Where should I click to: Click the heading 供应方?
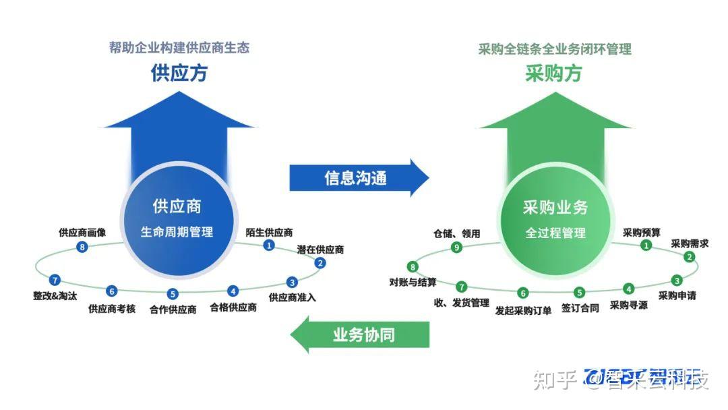pos(179,72)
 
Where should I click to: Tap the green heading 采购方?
pos(553,73)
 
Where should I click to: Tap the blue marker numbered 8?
pos(82,247)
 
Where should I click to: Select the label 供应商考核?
pos(112,309)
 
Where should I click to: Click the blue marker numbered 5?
pos(173,294)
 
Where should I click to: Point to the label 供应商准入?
pos(293,297)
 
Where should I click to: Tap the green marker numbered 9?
pos(457,247)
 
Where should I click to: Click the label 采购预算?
pos(642,233)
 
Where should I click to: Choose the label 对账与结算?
pos(413,282)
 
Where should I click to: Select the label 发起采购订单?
pos(523,310)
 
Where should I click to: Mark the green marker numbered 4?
pos(628,289)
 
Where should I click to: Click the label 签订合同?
pos(580,309)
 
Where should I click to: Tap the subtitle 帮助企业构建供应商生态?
pos(179,48)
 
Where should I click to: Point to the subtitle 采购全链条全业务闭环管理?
pos(555,49)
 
